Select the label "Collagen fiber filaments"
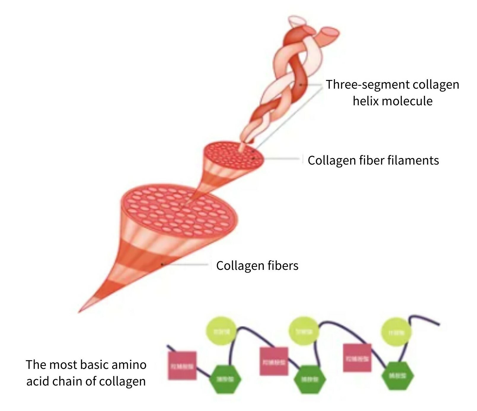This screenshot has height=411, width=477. click(373, 160)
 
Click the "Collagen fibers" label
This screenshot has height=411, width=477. click(257, 265)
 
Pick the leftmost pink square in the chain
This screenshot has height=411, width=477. click(182, 366)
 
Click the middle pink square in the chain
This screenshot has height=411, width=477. click(274, 361)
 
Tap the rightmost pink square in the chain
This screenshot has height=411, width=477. click(357, 358)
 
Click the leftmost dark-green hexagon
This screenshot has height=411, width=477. click(226, 379)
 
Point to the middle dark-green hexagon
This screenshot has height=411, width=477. click(310, 379)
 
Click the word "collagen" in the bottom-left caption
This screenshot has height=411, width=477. click(122, 381)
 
